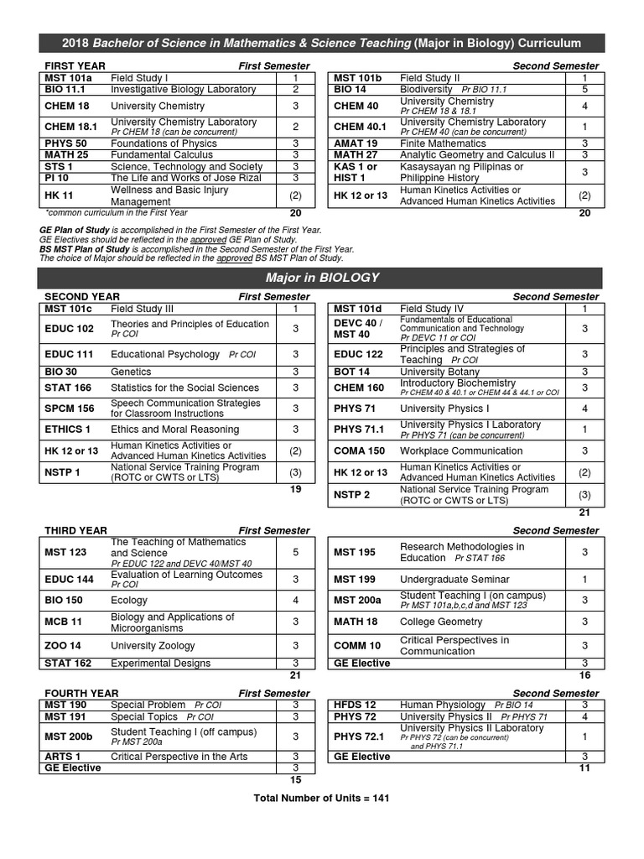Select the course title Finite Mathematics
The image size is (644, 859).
442,143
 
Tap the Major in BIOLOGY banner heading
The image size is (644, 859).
322,278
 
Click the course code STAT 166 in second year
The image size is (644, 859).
69,388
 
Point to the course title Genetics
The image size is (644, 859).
131,372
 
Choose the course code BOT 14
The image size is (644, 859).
351,372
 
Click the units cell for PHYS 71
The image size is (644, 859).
584,409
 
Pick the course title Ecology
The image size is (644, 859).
129,600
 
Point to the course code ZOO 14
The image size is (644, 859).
65,645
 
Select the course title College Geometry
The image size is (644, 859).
441,622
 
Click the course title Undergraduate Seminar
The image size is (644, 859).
454,580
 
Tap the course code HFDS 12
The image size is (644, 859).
355,705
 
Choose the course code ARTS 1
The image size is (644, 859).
63,757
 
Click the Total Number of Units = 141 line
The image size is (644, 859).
321,798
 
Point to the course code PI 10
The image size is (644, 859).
59,178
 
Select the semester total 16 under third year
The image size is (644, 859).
584,674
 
